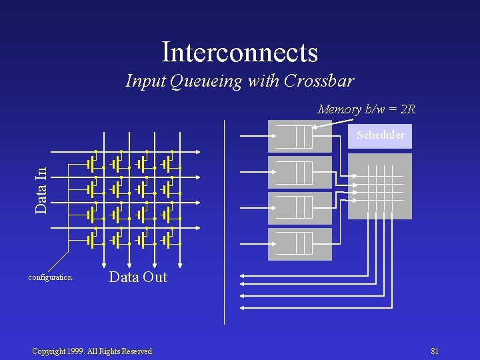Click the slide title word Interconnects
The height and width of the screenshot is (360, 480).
pyautogui.click(x=239, y=52)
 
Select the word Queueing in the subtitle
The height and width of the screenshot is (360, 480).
pyautogui.click(x=207, y=81)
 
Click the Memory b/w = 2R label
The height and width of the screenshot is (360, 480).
pyautogui.click(x=366, y=109)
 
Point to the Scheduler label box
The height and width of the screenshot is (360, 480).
pyautogui.click(x=380, y=135)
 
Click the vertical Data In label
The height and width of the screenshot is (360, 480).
pyautogui.click(x=41, y=191)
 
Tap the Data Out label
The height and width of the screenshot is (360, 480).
pyautogui.click(x=138, y=277)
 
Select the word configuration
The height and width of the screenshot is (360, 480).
pyautogui.click(x=50, y=277)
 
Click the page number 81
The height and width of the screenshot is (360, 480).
pyautogui.click(x=435, y=351)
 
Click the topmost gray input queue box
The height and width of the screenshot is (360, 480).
pyautogui.click(x=299, y=136)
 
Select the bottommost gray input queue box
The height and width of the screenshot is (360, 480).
pyautogui.click(x=299, y=244)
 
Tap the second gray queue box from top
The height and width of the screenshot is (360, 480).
pyautogui.click(x=299, y=172)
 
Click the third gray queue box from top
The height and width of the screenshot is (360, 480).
pyautogui.click(x=299, y=208)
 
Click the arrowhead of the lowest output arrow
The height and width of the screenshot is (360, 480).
pyautogui.click(x=241, y=307)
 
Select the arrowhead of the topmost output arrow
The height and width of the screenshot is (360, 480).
pyautogui.click(x=241, y=275)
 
